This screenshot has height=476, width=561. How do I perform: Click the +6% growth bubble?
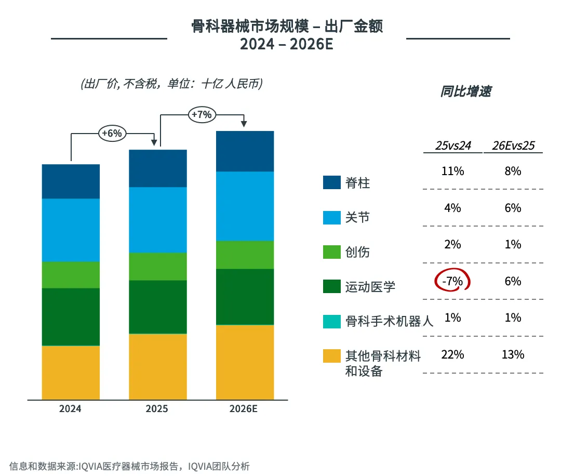pyautogui.click(x=112, y=134)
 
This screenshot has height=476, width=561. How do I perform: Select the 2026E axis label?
pyautogui.click(x=244, y=409)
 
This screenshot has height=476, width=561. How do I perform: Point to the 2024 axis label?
pyautogui.click(x=70, y=409)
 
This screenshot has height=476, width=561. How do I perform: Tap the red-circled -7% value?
pyautogui.click(x=452, y=281)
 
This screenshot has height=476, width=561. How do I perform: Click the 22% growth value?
pyautogui.click(x=453, y=355)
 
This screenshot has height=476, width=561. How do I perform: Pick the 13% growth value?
pyautogui.click(x=513, y=355)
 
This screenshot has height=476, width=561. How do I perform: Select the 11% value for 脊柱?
pyautogui.click(x=453, y=171)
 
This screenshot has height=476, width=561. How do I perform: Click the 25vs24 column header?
pyautogui.click(x=453, y=146)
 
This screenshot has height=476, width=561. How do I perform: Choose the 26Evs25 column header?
pyautogui.click(x=513, y=146)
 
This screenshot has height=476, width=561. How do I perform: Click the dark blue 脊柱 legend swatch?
pyautogui.click(x=331, y=182)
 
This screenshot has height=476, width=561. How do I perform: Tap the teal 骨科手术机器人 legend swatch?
pyautogui.click(x=331, y=321)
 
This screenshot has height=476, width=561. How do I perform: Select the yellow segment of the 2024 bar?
pyautogui.click(x=71, y=373)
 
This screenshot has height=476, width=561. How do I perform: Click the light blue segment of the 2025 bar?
pyautogui.click(x=158, y=220)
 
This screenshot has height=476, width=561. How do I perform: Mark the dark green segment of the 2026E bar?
pyautogui.click(x=245, y=297)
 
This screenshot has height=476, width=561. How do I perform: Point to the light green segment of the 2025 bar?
pyautogui.click(x=158, y=267)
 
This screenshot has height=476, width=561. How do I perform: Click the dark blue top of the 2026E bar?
pyautogui.click(x=245, y=151)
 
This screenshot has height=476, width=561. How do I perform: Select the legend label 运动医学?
pyautogui.click(x=370, y=287)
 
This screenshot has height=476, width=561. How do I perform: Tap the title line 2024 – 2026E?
pyautogui.click(x=286, y=45)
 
